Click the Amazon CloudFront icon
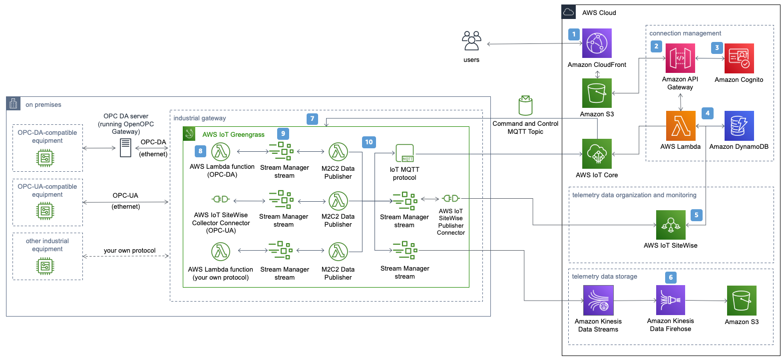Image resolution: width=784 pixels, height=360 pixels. click(x=597, y=43)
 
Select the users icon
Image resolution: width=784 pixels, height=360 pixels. click(x=471, y=41)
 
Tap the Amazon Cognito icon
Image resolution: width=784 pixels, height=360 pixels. click(x=739, y=58)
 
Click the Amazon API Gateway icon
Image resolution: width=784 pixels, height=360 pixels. click(x=680, y=58)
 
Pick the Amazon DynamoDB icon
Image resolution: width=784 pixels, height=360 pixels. click(x=739, y=126)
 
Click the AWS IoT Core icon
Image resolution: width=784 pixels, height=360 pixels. click(x=597, y=154)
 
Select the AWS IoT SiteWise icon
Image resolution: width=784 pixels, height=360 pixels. click(x=670, y=225)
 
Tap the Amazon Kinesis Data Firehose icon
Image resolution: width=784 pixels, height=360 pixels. click(x=670, y=300)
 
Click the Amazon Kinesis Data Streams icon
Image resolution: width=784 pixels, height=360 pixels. click(x=598, y=300)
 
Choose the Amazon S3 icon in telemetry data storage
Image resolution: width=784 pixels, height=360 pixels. click(x=742, y=301)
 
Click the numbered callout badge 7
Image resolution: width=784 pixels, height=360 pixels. click(x=312, y=119)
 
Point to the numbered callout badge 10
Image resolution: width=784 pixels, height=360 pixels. click(x=369, y=142)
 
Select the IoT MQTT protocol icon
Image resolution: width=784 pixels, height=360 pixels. click(x=404, y=153)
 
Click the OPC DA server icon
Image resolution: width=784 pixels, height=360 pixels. click(x=126, y=148)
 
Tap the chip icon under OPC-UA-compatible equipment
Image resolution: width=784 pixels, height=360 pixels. click(x=45, y=211)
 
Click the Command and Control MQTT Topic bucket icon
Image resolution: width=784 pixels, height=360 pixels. click(x=525, y=105)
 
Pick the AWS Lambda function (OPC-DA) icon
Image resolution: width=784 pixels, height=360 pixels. click(x=221, y=151)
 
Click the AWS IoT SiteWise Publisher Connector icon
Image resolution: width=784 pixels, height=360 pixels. click(x=450, y=198)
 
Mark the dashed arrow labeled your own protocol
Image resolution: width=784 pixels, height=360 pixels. click(x=126, y=256)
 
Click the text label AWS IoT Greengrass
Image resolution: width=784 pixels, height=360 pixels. click(x=233, y=134)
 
